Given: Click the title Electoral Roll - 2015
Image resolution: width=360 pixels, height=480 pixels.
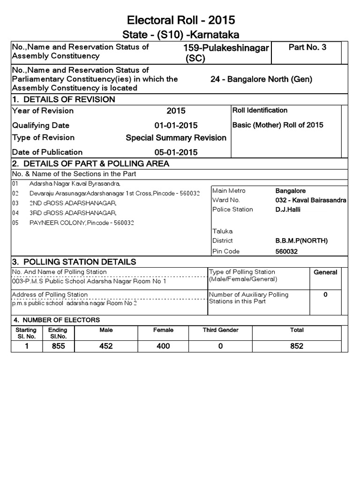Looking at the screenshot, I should click(x=180, y=20).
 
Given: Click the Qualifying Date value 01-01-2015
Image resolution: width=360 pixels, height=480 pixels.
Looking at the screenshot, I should click(x=176, y=125).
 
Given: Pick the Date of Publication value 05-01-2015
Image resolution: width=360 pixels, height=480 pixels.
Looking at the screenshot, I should click(x=176, y=152).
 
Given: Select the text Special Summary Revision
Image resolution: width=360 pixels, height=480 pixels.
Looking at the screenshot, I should click(x=176, y=138).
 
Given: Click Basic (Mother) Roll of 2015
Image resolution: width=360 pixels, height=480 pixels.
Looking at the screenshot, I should click(x=277, y=125).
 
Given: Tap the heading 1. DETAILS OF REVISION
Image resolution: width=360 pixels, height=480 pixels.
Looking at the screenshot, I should click(x=63, y=99).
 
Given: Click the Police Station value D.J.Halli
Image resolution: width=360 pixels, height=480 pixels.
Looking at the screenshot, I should click(x=287, y=210).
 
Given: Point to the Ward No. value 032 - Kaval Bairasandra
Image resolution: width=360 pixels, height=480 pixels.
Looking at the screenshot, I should click(x=311, y=200).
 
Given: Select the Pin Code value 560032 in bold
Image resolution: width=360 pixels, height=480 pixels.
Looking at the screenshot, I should click(x=286, y=251).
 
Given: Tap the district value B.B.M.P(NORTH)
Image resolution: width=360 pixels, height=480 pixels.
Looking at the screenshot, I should click(x=301, y=241).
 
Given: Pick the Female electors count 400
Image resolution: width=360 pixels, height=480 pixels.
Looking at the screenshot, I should click(x=163, y=346).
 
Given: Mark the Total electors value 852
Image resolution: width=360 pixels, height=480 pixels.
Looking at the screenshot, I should click(x=296, y=346).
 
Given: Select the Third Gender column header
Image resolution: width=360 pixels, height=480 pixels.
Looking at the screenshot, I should click(x=220, y=330).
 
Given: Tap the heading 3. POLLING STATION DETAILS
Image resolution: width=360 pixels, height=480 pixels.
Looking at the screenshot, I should click(x=74, y=262).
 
